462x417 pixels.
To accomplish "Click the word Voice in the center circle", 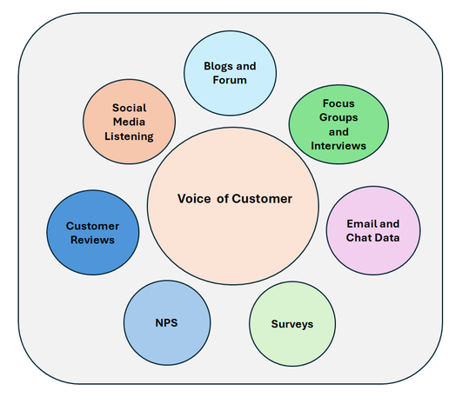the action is [x=194, y=199].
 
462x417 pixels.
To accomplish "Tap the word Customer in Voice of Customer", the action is [x=262, y=199].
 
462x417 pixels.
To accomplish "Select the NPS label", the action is [x=166, y=323].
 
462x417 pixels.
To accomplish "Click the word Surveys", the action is [x=292, y=324].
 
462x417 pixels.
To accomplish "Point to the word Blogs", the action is [x=218, y=66].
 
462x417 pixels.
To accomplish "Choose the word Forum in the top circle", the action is [x=230, y=80].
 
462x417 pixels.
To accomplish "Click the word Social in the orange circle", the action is [x=129, y=108].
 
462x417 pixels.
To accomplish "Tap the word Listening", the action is [x=129, y=136].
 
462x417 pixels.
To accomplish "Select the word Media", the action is [x=129, y=122].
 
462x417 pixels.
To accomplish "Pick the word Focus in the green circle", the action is [x=338, y=103].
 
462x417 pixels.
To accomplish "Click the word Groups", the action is [x=338, y=117].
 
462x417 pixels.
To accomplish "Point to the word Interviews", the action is [x=338, y=146].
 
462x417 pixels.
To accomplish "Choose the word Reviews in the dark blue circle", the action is [x=92, y=240].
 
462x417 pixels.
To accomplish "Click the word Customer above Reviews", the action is [x=92, y=226].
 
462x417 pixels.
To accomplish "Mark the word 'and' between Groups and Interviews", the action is [x=338, y=132].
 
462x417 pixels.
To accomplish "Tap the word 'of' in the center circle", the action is [x=223, y=199].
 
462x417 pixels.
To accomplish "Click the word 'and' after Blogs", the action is [x=246, y=66].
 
